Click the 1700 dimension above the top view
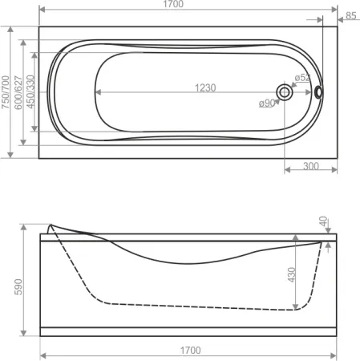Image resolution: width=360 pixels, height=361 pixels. [173, 4]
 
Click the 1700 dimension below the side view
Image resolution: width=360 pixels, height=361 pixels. [190, 351]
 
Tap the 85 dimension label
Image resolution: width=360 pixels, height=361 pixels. [351, 16]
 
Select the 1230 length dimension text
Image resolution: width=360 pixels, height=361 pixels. [205, 87]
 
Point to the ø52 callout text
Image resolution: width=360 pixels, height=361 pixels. [302, 78]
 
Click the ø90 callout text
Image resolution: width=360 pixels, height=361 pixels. [267, 103]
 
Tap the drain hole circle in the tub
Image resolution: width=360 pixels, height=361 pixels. [285, 92]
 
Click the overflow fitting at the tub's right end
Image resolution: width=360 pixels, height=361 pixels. [318, 92]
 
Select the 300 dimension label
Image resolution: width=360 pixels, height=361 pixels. [311, 166]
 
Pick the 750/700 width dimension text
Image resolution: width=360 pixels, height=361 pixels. [6, 92]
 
